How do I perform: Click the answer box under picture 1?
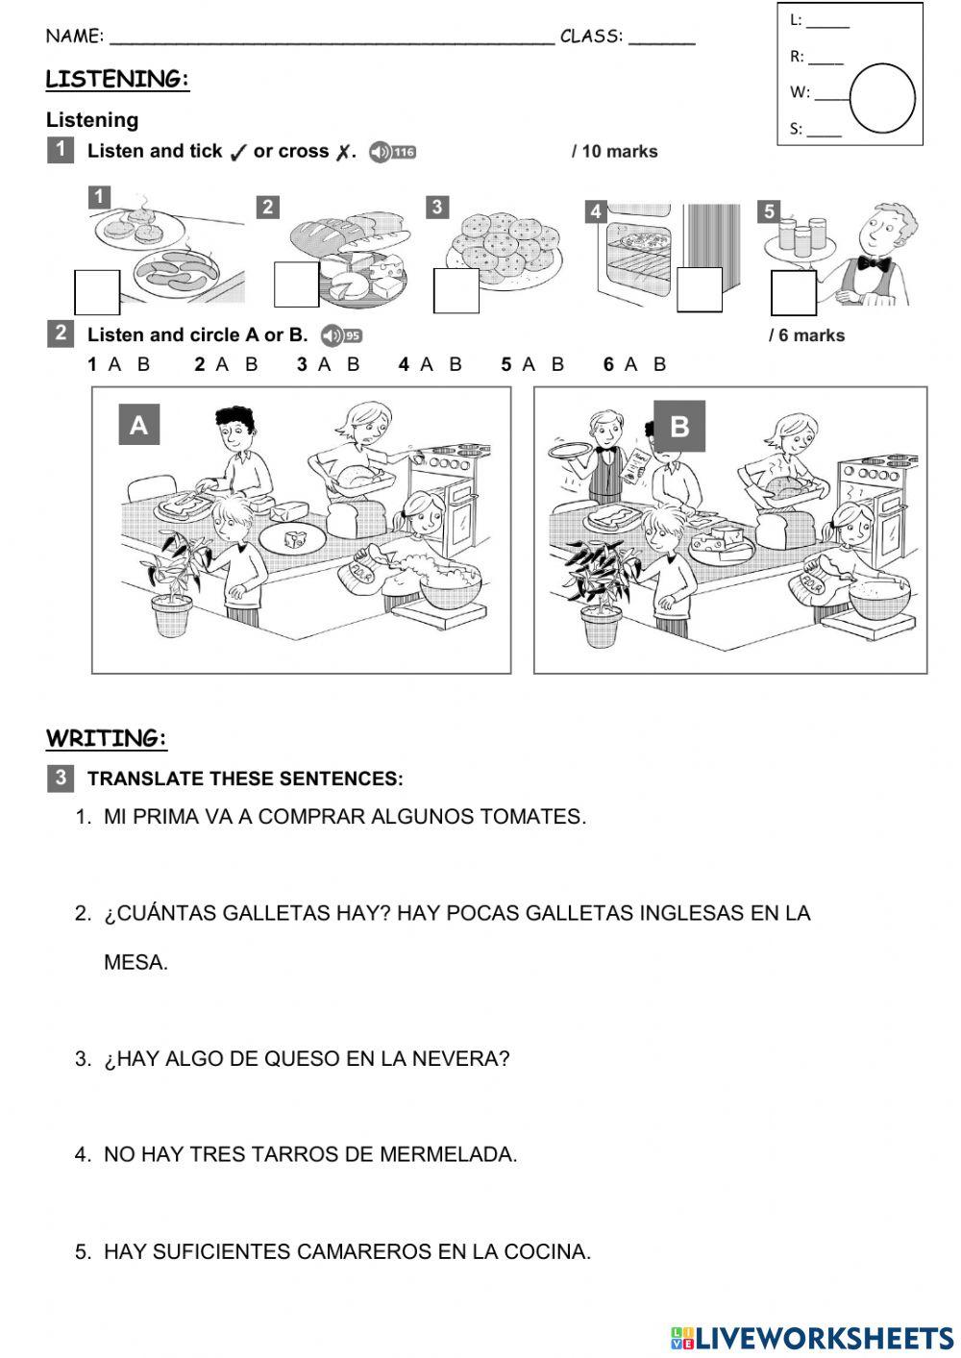97,292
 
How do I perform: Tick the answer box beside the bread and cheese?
296,284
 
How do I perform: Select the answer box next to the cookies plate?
456,290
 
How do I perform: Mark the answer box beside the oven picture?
699,289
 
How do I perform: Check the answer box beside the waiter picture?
793,292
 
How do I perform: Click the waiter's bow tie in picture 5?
874,263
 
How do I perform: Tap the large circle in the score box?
882,99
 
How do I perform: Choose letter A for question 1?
115,364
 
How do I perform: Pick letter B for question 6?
659,364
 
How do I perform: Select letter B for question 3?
353,364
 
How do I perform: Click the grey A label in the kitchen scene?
139,425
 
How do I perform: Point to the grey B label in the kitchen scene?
678,426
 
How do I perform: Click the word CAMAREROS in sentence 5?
363,1251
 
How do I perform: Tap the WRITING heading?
107,739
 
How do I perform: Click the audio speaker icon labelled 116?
392,152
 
